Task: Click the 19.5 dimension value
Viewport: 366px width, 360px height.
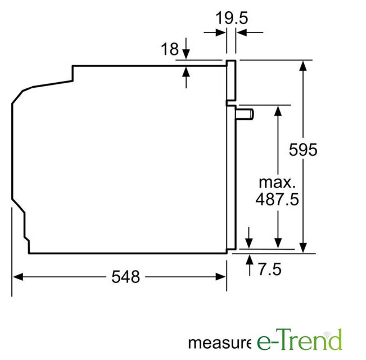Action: pyautogui.click(x=232, y=18)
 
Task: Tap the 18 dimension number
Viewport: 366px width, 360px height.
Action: pyautogui.click(x=170, y=49)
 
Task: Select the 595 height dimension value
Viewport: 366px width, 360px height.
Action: pyautogui.click(x=303, y=150)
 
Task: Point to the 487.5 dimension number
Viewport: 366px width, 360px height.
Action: pyautogui.click(x=277, y=199)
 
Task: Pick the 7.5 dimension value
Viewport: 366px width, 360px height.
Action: pyautogui.click(x=270, y=269)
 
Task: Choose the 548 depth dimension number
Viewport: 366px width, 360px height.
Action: pyautogui.click(x=125, y=277)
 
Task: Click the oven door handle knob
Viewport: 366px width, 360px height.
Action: pyautogui.click(x=245, y=114)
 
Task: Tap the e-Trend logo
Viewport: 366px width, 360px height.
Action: pyautogui.click(x=300, y=339)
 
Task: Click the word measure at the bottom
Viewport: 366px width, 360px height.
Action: pyautogui.click(x=220, y=343)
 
